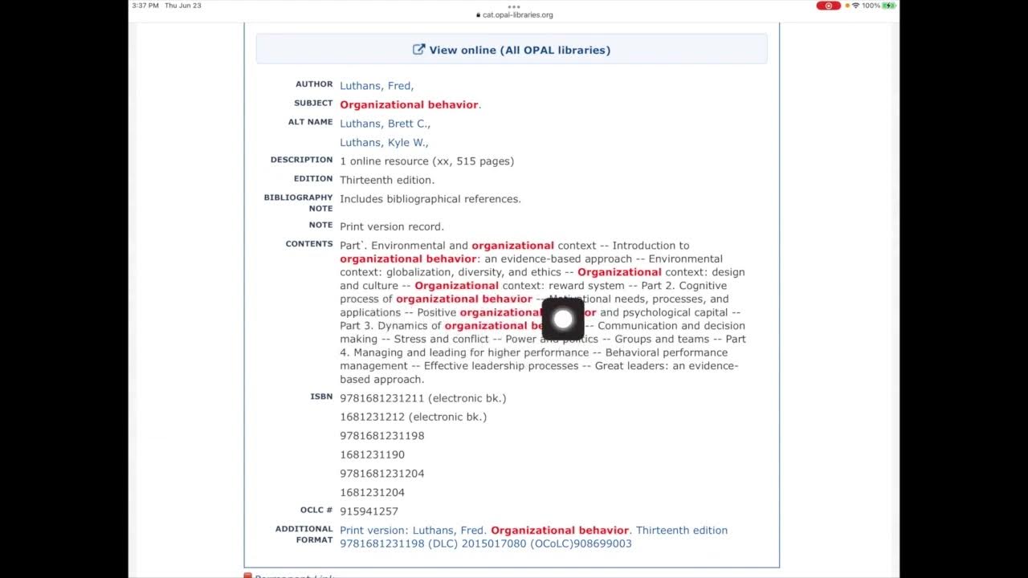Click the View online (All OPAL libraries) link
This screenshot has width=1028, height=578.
512,50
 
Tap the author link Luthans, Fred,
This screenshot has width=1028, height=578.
377,86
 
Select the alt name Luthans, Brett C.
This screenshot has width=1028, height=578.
385,124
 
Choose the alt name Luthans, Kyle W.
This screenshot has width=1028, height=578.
384,143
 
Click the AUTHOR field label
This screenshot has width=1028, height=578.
313,84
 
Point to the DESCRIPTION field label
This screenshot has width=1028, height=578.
301,160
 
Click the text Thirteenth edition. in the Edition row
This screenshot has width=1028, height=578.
387,181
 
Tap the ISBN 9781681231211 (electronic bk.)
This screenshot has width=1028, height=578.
422,398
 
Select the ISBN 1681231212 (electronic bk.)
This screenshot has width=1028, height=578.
413,417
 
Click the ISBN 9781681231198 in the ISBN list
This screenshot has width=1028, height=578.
381,436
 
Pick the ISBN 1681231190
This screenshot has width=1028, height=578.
372,455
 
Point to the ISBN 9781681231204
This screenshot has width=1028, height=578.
381,474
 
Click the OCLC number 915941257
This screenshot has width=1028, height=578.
369,511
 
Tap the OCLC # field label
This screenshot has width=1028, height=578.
316,510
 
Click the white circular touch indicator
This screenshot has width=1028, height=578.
563,320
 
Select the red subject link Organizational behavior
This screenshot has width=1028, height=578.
409,105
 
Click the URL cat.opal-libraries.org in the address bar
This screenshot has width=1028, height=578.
517,15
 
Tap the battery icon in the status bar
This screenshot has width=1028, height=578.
888,6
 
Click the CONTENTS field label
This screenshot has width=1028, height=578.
308,244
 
